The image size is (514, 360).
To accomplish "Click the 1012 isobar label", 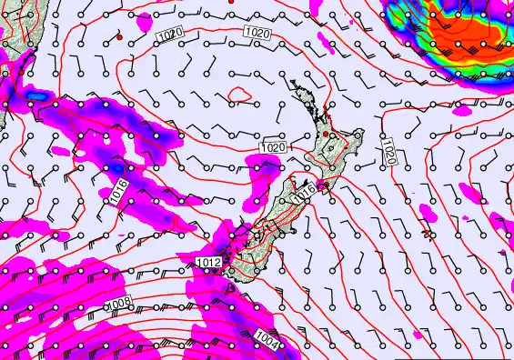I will tap(207, 264).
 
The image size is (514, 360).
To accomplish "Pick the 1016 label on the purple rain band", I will tap(118, 189).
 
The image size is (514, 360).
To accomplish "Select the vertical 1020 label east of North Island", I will tap(388, 151).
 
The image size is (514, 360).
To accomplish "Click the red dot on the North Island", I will tap(329, 135).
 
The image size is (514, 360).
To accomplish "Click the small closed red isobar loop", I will tap(240, 94).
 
